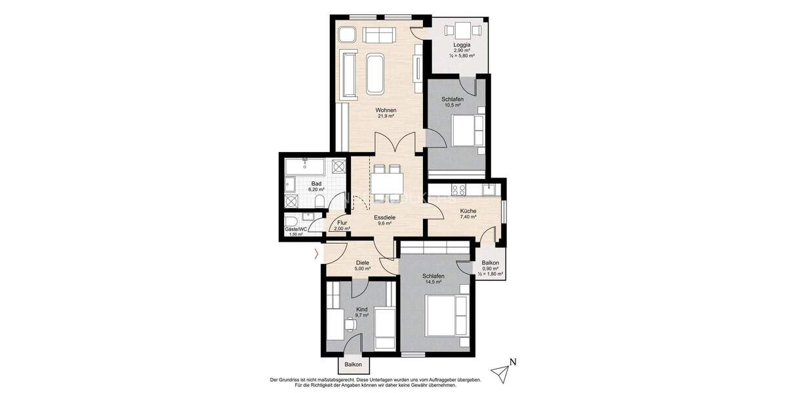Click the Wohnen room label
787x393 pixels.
point(385,110)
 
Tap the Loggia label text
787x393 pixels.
point(462,45)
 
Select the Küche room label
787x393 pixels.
point(468,211)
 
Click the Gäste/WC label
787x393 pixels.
point(295,229)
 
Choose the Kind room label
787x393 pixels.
point(361,309)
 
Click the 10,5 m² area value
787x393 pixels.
point(453,105)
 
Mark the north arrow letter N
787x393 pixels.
point(514,361)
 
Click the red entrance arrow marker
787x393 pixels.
point(318,253)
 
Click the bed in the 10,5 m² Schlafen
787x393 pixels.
point(467,130)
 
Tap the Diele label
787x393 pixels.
point(363,263)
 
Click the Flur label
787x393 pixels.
point(342,223)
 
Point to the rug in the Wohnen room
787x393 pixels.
point(376,73)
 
